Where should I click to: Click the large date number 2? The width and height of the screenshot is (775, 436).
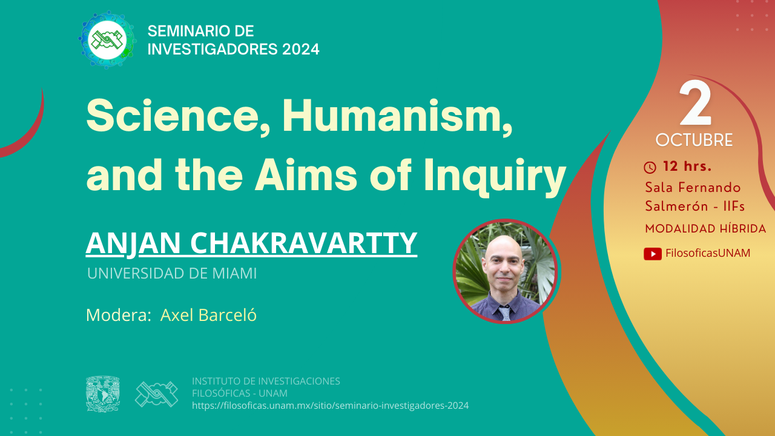pos(696,103)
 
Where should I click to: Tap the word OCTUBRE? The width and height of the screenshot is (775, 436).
pos(694,140)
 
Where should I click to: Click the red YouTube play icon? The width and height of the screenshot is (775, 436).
pos(653,254)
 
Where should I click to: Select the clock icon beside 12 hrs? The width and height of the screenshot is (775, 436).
pos(650,168)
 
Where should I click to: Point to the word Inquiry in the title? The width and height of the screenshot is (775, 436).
pos(495,176)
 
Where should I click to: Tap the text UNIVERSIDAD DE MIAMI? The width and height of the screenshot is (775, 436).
pos(172,273)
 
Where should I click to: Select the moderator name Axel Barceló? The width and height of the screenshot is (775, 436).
pos(208,315)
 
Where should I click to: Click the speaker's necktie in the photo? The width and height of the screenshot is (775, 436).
pos(505,313)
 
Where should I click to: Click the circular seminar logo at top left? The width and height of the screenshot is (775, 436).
pos(107,40)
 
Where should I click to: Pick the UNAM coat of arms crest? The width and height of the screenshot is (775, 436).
pos(103,394)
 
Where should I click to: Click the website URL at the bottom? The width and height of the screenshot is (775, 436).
pos(331,406)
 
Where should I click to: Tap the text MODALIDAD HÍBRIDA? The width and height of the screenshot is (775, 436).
pos(705,229)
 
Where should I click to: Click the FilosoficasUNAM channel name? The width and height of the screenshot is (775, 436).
pos(708,253)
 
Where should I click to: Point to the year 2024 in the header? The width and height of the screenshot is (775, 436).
pos(301,49)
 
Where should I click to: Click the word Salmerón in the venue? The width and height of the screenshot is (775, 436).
pos(676,206)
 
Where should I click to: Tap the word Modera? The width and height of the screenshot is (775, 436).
pos(119,315)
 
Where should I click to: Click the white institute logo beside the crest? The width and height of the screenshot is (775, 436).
pos(156,394)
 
